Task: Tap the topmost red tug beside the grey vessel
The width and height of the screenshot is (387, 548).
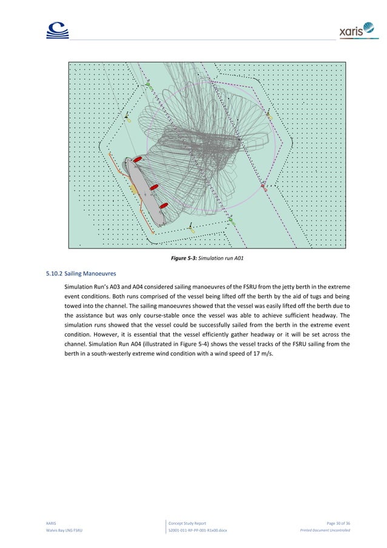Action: pos(138,159)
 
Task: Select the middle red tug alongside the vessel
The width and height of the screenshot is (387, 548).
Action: pos(154,187)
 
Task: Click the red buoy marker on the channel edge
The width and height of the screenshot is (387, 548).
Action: pos(263,185)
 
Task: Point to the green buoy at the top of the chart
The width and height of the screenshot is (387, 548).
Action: pos(149,86)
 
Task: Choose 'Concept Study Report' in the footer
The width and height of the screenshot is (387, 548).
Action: pos(188,522)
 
